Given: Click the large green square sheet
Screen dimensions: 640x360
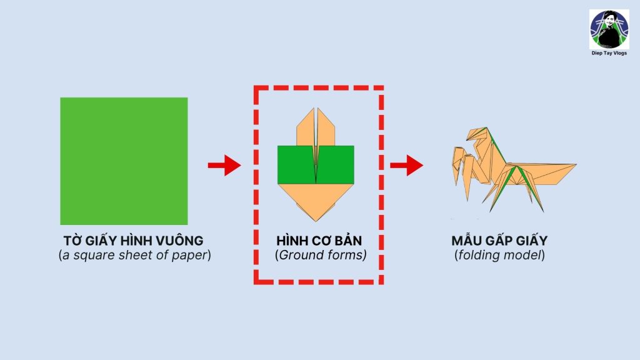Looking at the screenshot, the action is (x=124, y=161).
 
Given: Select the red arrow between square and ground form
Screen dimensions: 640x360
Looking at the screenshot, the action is (x=224, y=165).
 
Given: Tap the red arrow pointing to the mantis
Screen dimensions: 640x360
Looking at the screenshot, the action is (x=406, y=165).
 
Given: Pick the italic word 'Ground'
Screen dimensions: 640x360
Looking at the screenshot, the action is (x=299, y=255).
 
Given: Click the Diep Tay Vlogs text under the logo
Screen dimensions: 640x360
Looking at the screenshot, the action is (x=609, y=53).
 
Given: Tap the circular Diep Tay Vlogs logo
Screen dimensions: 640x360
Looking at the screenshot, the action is (x=609, y=29).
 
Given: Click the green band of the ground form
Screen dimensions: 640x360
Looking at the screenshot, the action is (x=316, y=164).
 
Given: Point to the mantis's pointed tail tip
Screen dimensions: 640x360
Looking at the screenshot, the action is (x=576, y=165).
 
